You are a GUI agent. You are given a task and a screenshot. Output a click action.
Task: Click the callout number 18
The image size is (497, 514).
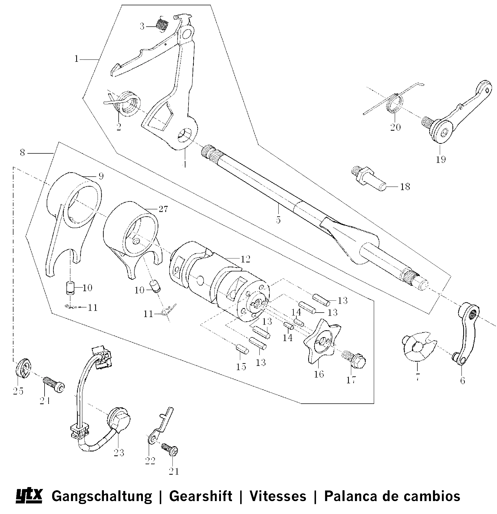tap(405, 187)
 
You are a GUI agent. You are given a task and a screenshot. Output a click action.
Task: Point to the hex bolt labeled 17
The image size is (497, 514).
tap(355, 360)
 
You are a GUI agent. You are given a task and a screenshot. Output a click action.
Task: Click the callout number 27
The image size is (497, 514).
tap(163, 209)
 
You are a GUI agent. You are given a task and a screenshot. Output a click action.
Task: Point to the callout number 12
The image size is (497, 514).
tap(245, 259)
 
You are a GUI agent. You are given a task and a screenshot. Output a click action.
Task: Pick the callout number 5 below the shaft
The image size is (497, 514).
tap(278, 220)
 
